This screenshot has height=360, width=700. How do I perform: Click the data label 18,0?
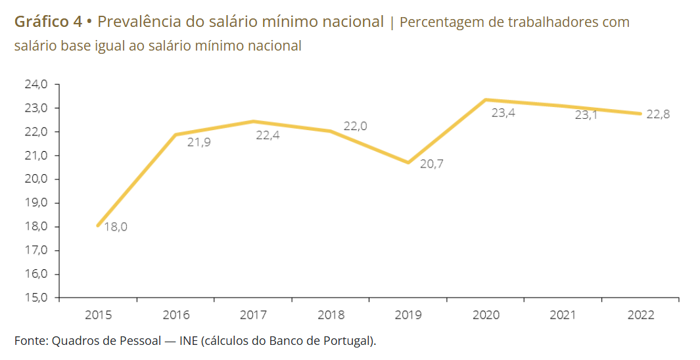116,227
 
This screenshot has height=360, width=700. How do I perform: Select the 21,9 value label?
199,142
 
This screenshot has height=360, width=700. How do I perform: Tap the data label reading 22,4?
268,136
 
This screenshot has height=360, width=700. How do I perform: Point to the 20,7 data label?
432,164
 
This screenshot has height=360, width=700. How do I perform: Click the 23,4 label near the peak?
503,113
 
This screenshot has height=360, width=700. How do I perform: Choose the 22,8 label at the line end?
658,114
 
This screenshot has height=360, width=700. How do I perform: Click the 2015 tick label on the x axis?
98,315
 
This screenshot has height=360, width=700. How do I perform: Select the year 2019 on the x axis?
408,315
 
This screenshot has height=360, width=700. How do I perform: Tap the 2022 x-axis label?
641,315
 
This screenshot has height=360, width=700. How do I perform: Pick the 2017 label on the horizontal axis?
253,315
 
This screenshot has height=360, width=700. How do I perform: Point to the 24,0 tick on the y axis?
36,84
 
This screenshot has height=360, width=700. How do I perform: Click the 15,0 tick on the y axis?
36,298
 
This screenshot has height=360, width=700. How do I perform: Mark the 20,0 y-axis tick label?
36,179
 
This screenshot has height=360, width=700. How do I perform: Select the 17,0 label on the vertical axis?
36,250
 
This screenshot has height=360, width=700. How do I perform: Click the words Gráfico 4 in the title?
48,22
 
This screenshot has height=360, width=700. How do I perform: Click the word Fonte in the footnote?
30,340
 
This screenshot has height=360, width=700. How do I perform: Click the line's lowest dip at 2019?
408,162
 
